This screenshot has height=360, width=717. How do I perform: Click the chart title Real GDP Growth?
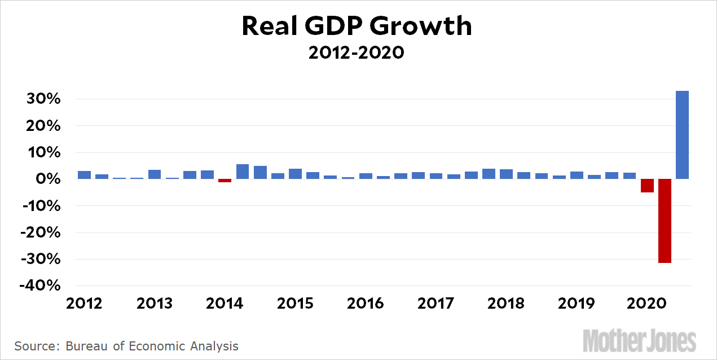point(357,27)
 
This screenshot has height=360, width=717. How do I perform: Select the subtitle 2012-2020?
point(357,53)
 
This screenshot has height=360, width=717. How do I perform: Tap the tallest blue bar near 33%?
point(682,135)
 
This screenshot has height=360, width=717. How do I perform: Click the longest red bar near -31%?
point(665,221)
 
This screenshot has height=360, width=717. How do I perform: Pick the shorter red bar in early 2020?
point(647,186)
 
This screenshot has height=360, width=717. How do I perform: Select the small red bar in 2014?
point(225,181)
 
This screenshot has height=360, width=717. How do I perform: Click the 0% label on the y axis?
point(47,179)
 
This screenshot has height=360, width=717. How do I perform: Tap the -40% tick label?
point(40,286)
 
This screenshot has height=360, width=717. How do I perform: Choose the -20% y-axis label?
point(40,232)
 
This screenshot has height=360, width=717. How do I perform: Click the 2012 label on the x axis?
point(84,304)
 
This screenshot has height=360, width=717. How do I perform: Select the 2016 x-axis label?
point(365,304)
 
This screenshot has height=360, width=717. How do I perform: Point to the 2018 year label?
point(505,304)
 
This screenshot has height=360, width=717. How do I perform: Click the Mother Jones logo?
point(639,341)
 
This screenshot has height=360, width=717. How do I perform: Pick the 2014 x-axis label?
point(225,304)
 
